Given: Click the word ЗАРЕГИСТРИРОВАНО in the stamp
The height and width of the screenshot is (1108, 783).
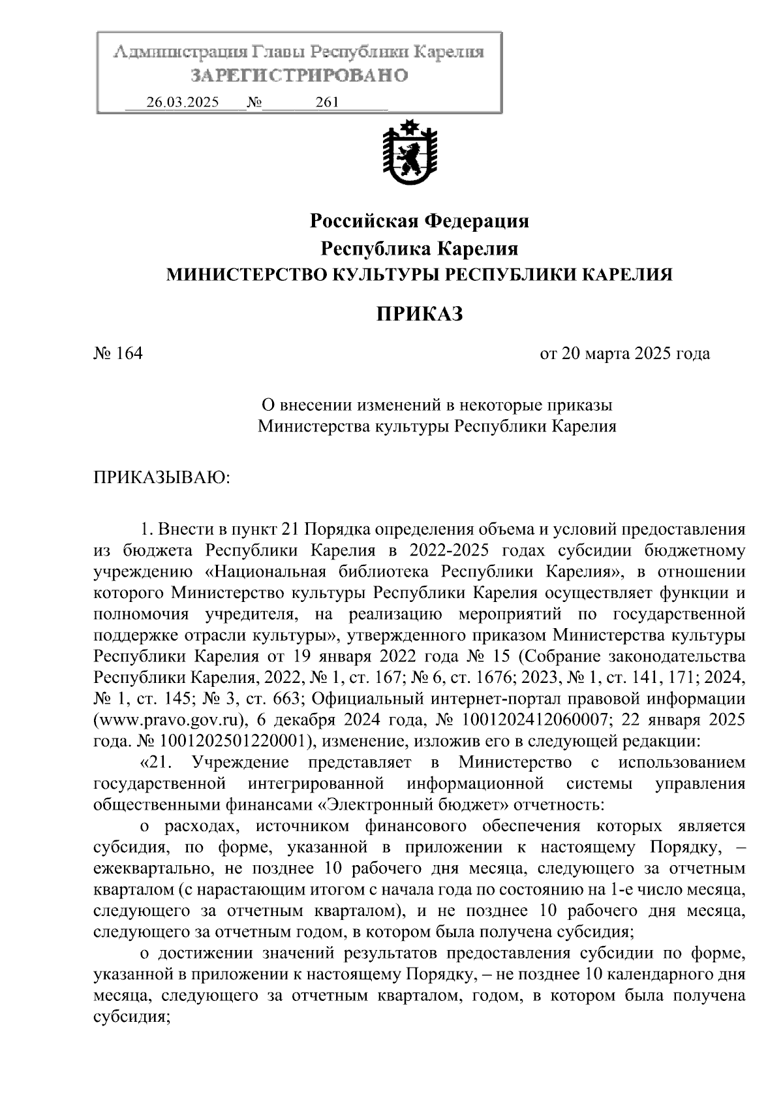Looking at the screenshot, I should [299, 76].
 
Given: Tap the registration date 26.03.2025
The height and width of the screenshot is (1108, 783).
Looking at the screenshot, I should [183, 103].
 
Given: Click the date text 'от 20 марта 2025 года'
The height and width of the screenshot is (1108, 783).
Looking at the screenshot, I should [624, 355].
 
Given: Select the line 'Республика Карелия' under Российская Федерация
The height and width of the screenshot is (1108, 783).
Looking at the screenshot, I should [419, 249].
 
